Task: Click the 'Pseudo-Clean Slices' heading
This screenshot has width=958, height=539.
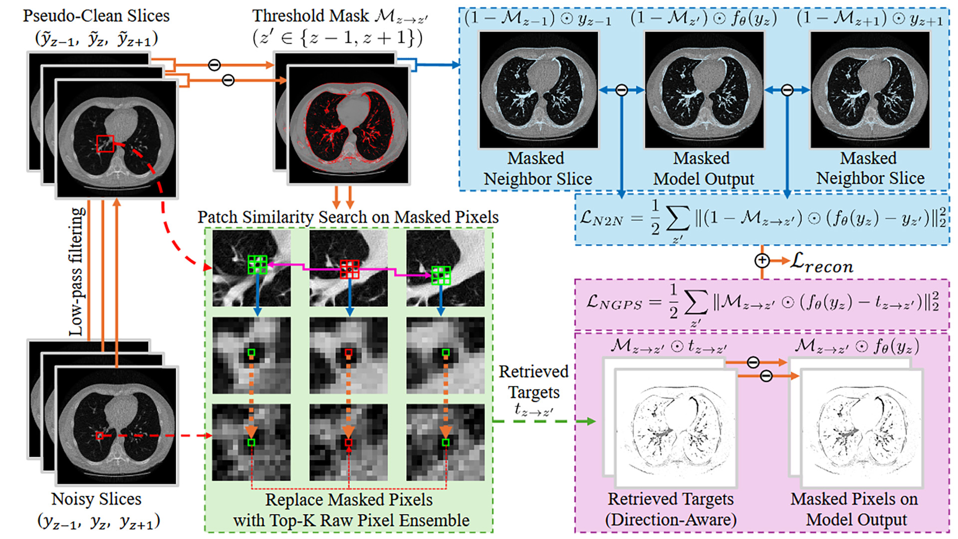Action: point(96,16)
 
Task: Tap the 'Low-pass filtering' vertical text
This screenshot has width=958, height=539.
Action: point(76,272)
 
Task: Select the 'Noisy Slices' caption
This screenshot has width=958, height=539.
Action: point(96,499)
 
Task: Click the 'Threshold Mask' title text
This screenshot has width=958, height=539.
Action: point(310,16)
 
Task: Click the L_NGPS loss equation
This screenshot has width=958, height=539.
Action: point(762,303)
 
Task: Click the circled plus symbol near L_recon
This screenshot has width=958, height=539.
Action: point(762,261)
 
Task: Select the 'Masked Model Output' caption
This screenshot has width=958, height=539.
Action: point(704,168)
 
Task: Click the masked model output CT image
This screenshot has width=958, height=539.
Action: point(704,90)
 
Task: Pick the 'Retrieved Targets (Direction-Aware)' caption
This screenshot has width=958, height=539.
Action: point(671,509)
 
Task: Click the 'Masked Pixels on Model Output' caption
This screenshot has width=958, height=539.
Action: point(854,509)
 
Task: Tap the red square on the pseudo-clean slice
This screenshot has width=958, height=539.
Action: point(105,144)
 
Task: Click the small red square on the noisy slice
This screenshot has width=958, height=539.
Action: point(99,436)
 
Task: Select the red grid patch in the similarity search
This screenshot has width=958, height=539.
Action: point(349,269)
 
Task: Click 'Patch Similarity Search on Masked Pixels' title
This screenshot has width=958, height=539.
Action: point(348,217)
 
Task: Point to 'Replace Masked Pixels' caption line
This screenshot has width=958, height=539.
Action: point(349,500)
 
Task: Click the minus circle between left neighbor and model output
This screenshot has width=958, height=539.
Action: point(621,90)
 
